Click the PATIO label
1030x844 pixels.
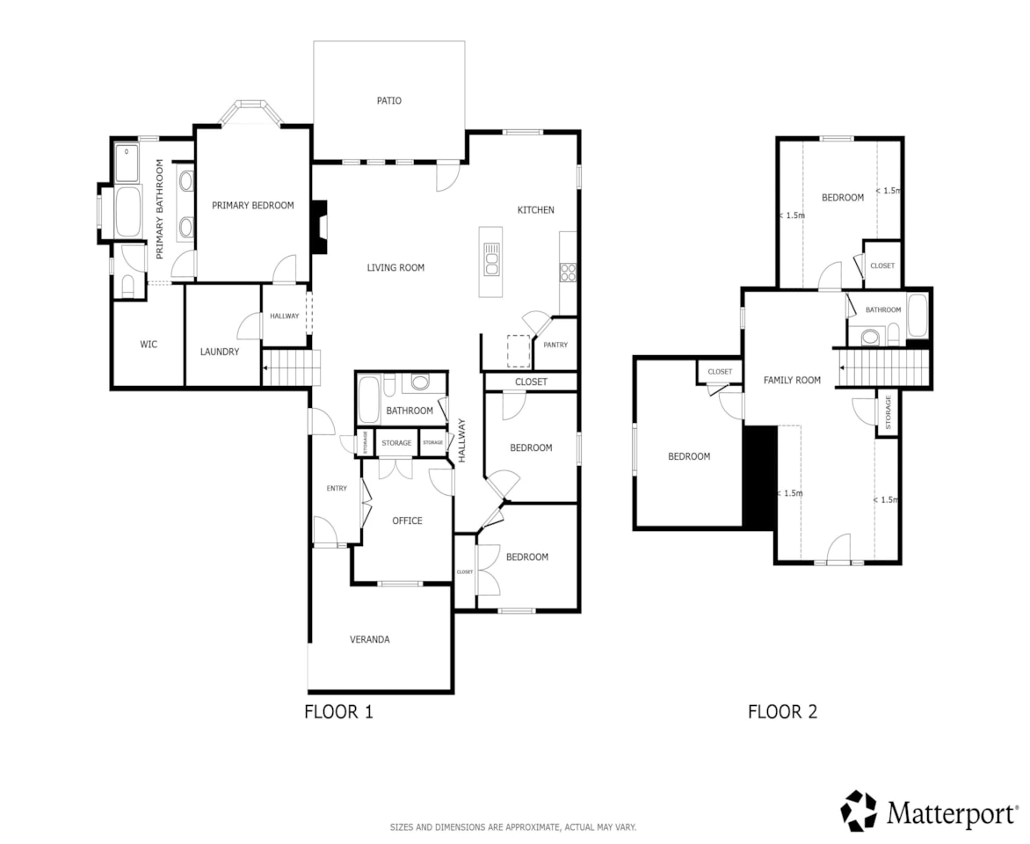(388, 100)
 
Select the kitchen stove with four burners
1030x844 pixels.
(568, 272)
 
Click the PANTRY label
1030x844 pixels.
(555, 345)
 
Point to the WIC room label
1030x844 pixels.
(149, 344)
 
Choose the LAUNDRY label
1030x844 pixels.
(219, 352)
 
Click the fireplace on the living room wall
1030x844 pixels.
(322, 227)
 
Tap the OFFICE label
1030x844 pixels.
(407, 520)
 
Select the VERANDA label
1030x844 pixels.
(370, 639)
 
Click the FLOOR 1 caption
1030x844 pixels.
(338, 712)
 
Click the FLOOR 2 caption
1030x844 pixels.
(782, 712)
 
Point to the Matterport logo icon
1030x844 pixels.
(859, 810)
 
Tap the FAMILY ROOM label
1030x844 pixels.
(792, 380)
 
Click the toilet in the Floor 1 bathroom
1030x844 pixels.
(421, 382)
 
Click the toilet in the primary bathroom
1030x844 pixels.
(128, 285)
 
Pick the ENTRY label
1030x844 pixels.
(337, 488)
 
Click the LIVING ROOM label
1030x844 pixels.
(395, 267)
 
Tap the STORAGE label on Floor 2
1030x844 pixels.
(888, 411)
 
